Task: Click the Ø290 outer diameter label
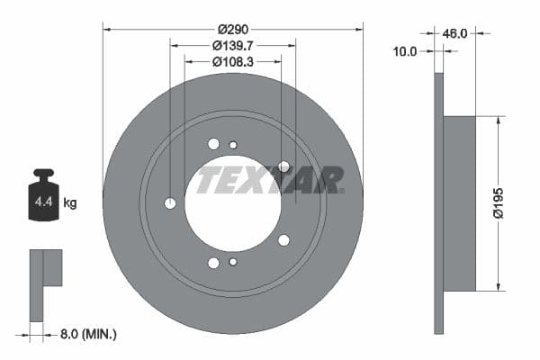click(232, 29)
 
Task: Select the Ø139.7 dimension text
click(232, 45)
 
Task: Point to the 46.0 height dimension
click(456, 33)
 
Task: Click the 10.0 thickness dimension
click(406, 51)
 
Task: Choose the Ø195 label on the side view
click(509, 202)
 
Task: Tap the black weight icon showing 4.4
click(43, 193)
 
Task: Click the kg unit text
click(70, 203)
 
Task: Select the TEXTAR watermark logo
click(269, 180)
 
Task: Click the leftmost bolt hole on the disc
click(170, 203)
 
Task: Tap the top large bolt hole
click(213, 144)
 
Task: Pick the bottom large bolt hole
click(213, 263)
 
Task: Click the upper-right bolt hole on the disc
click(283, 166)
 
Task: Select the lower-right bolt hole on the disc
click(283, 240)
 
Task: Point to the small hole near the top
click(233, 145)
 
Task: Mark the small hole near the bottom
click(233, 262)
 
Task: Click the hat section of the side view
click(459, 203)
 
